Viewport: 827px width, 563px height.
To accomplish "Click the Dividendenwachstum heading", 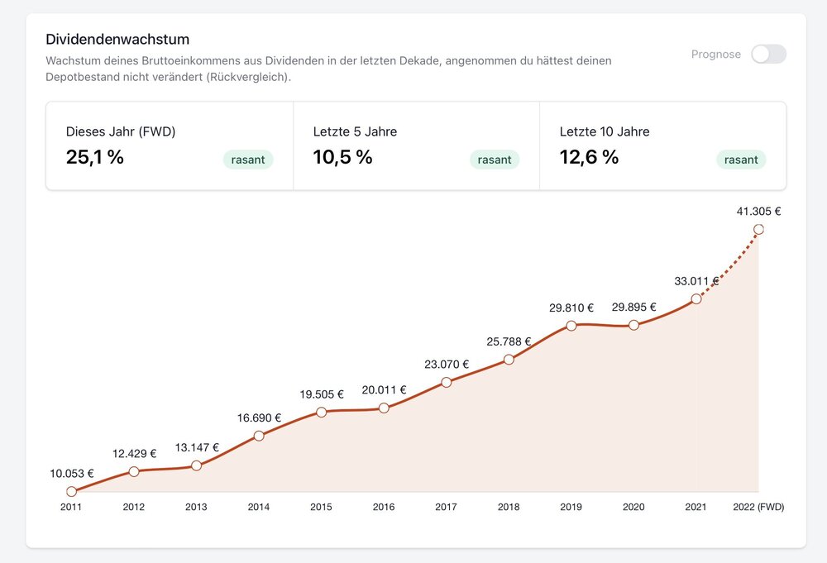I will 117,40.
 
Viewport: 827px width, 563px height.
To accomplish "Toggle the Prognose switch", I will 768,55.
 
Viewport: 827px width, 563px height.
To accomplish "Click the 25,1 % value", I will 95,157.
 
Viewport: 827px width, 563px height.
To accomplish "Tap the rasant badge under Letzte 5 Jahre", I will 495,160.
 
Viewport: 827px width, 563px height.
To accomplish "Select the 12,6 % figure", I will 589,157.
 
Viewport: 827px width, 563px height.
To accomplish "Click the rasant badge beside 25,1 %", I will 248,160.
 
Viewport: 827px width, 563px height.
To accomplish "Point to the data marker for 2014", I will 259,436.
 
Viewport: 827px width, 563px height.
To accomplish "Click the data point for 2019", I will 571,326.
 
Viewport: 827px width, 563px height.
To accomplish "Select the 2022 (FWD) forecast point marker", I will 758,230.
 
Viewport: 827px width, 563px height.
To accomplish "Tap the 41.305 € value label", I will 758,212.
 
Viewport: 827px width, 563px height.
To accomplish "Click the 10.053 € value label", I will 72,474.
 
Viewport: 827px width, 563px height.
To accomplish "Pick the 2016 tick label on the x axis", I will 384,507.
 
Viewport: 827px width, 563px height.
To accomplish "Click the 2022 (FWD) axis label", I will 758,507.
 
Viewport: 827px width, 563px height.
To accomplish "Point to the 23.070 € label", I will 447,364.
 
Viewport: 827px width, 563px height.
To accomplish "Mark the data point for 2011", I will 72,492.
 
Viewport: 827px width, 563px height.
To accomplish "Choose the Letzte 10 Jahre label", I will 605,131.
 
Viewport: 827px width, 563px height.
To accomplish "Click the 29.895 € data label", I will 633,308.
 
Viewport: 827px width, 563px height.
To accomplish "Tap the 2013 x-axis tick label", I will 196,507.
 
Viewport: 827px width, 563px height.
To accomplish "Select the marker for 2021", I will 696,298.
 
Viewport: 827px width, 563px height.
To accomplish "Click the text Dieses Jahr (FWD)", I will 121,131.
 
